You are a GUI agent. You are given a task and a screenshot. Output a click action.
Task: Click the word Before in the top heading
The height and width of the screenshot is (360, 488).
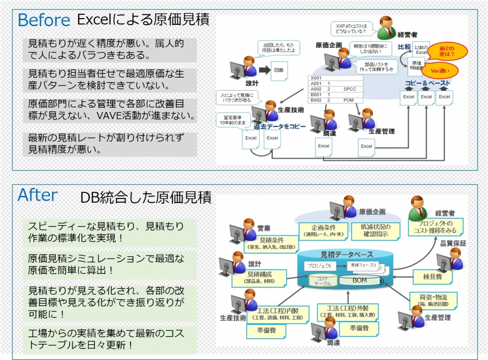pos(44,20)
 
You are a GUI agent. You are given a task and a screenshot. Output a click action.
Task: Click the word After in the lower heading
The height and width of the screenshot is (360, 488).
pos(38,195)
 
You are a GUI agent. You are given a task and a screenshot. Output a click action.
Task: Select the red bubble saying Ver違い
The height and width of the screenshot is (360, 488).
pos(441,71)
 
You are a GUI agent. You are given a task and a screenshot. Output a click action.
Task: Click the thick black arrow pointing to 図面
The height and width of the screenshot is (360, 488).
pos(264,70)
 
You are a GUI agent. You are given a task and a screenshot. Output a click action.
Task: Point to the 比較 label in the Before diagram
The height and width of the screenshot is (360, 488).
pos(405,47)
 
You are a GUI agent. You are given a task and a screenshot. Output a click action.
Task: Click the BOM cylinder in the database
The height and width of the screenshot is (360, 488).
pos(359,280)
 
